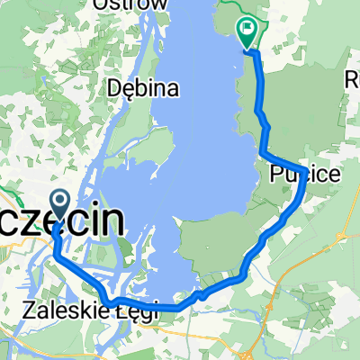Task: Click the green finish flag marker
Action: coord(247,32)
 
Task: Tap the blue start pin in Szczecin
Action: coord(60,204)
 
